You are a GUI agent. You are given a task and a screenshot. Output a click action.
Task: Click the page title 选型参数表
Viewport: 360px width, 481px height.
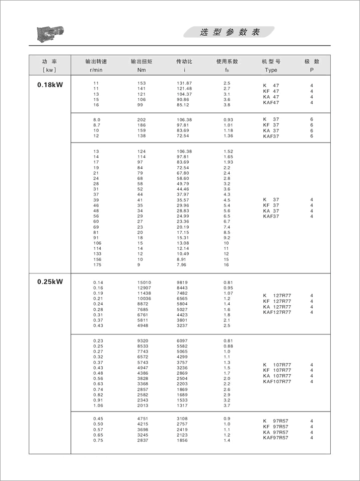pyautogui.click(x=230, y=32)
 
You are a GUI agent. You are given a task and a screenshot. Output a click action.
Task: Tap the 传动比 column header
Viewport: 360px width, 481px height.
pyautogui.click(x=184, y=61)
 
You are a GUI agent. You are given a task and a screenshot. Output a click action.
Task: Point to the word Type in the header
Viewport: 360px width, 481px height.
pyautogui.click(x=271, y=70)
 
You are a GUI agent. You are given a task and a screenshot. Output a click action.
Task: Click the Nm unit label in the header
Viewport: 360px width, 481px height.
pyautogui.click(x=141, y=70)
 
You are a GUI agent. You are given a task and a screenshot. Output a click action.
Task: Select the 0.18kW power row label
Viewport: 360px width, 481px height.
pyautogui.click(x=50, y=85)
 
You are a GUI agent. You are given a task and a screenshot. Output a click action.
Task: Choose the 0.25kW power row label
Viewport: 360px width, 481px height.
pyautogui.click(x=50, y=282)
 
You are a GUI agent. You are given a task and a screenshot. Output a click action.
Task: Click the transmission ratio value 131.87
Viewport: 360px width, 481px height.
pyautogui.click(x=184, y=83)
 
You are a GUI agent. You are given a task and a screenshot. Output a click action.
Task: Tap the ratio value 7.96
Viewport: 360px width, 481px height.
pyautogui.click(x=182, y=265)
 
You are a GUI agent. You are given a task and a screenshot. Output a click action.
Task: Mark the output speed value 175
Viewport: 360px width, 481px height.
pyautogui.click(x=97, y=265)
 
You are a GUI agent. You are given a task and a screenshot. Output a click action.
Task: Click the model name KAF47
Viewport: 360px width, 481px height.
pyautogui.click(x=271, y=103)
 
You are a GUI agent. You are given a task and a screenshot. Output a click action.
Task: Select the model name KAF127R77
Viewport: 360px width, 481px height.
pyautogui.click(x=277, y=312)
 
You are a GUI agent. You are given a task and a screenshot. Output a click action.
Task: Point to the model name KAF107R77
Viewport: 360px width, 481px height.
pyautogui.click(x=277, y=382)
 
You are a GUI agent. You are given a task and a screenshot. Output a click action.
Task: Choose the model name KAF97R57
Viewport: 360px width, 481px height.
pyautogui.click(x=276, y=438)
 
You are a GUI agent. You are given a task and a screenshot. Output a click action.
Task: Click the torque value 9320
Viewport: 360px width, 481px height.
pyautogui.click(x=143, y=341)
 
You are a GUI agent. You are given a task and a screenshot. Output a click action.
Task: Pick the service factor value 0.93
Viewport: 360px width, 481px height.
pyautogui.click(x=228, y=119)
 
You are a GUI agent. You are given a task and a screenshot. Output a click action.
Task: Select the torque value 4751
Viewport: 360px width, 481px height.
pyautogui.click(x=143, y=419)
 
